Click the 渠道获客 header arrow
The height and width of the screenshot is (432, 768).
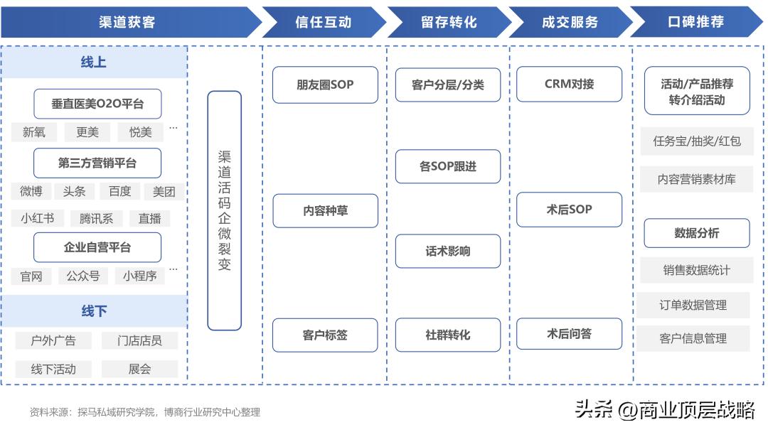(128, 22)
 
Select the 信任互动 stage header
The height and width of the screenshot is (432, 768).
(324, 22)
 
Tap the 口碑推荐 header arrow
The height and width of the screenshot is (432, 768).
(695, 22)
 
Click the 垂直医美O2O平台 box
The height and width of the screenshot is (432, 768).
(97, 104)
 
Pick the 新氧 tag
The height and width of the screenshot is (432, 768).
(34, 132)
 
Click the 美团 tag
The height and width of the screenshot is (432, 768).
(164, 192)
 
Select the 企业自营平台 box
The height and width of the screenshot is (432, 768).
(97, 247)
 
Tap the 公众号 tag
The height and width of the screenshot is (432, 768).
(83, 276)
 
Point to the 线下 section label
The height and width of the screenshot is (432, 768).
(94, 311)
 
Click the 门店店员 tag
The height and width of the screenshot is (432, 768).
(139, 341)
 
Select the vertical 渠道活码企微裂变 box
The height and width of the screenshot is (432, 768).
(224, 210)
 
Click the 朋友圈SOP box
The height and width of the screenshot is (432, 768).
(325, 85)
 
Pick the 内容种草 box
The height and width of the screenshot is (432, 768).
(325, 211)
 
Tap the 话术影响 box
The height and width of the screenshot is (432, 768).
(448, 251)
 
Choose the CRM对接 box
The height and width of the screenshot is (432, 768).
(569, 84)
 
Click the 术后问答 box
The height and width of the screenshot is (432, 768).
(569, 334)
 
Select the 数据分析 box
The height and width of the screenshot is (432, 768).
(696, 233)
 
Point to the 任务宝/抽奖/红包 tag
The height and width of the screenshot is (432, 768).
(696, 141)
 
